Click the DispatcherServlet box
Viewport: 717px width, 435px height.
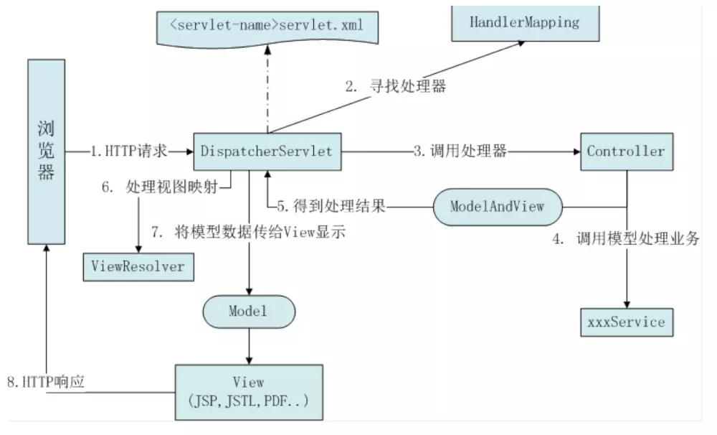click(267, 151)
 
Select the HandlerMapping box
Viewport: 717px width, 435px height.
click(526, 24)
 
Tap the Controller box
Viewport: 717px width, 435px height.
click(627, 151)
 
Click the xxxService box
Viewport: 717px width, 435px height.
click(627, 322)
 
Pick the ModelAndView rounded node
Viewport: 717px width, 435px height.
click(498, 207)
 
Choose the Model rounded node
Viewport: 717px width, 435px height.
click(250, 312)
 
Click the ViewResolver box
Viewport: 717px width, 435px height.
click(138, 267)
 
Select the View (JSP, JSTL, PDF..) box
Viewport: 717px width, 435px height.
click(250, 393)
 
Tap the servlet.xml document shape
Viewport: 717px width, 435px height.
click(267, 28)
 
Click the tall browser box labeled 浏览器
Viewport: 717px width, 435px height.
click(46, 151)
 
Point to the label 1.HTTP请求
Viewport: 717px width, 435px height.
click(129, 151)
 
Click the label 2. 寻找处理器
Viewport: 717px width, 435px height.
click(396, 86)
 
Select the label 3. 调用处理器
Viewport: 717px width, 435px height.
click(460, 151)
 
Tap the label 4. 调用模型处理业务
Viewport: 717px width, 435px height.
click(626, 238)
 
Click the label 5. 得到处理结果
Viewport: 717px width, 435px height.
click(331, 207)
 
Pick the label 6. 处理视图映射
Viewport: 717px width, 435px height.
click(160, 187)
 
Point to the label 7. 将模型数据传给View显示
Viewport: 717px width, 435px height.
click(248, 232)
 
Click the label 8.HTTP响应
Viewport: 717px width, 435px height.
click(46, 382)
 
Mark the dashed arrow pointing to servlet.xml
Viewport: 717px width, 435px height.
click(267, 89)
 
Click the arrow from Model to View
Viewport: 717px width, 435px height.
click(250, 346)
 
